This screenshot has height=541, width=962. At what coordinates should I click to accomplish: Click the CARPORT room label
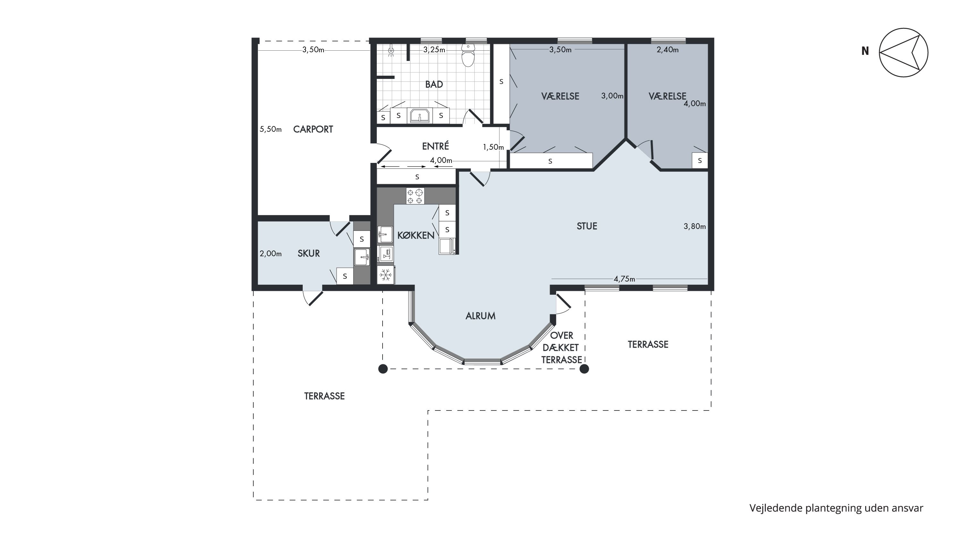point(313,129)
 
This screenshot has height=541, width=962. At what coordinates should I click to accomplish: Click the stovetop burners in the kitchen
point(415,196)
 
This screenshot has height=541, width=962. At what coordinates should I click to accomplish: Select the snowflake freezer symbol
point(386,275)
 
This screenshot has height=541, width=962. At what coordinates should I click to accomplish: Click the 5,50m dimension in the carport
point(270,129)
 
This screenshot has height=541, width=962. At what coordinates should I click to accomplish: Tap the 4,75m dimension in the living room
point(624,279)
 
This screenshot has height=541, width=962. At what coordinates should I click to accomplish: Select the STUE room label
point(587,226)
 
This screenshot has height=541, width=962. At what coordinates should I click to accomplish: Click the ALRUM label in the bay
point(481,316)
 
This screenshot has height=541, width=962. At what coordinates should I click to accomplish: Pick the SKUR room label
point(309,254)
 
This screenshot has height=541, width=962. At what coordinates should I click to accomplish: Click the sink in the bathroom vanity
point(420,115)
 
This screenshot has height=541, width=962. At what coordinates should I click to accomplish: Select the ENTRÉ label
point(435,146)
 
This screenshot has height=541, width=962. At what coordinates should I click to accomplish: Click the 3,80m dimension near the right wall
point(695,226)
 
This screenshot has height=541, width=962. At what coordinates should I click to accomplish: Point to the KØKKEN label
point(416,235)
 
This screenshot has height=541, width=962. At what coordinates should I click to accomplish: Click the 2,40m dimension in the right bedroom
point(668,50)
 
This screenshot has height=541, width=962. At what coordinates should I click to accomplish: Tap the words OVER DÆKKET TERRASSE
point(562,348)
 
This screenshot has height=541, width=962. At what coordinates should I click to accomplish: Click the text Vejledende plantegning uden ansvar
point(836,508)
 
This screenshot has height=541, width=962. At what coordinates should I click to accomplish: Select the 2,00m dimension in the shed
point(270,254)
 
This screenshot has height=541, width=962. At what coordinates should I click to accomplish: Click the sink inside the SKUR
point(362,257)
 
